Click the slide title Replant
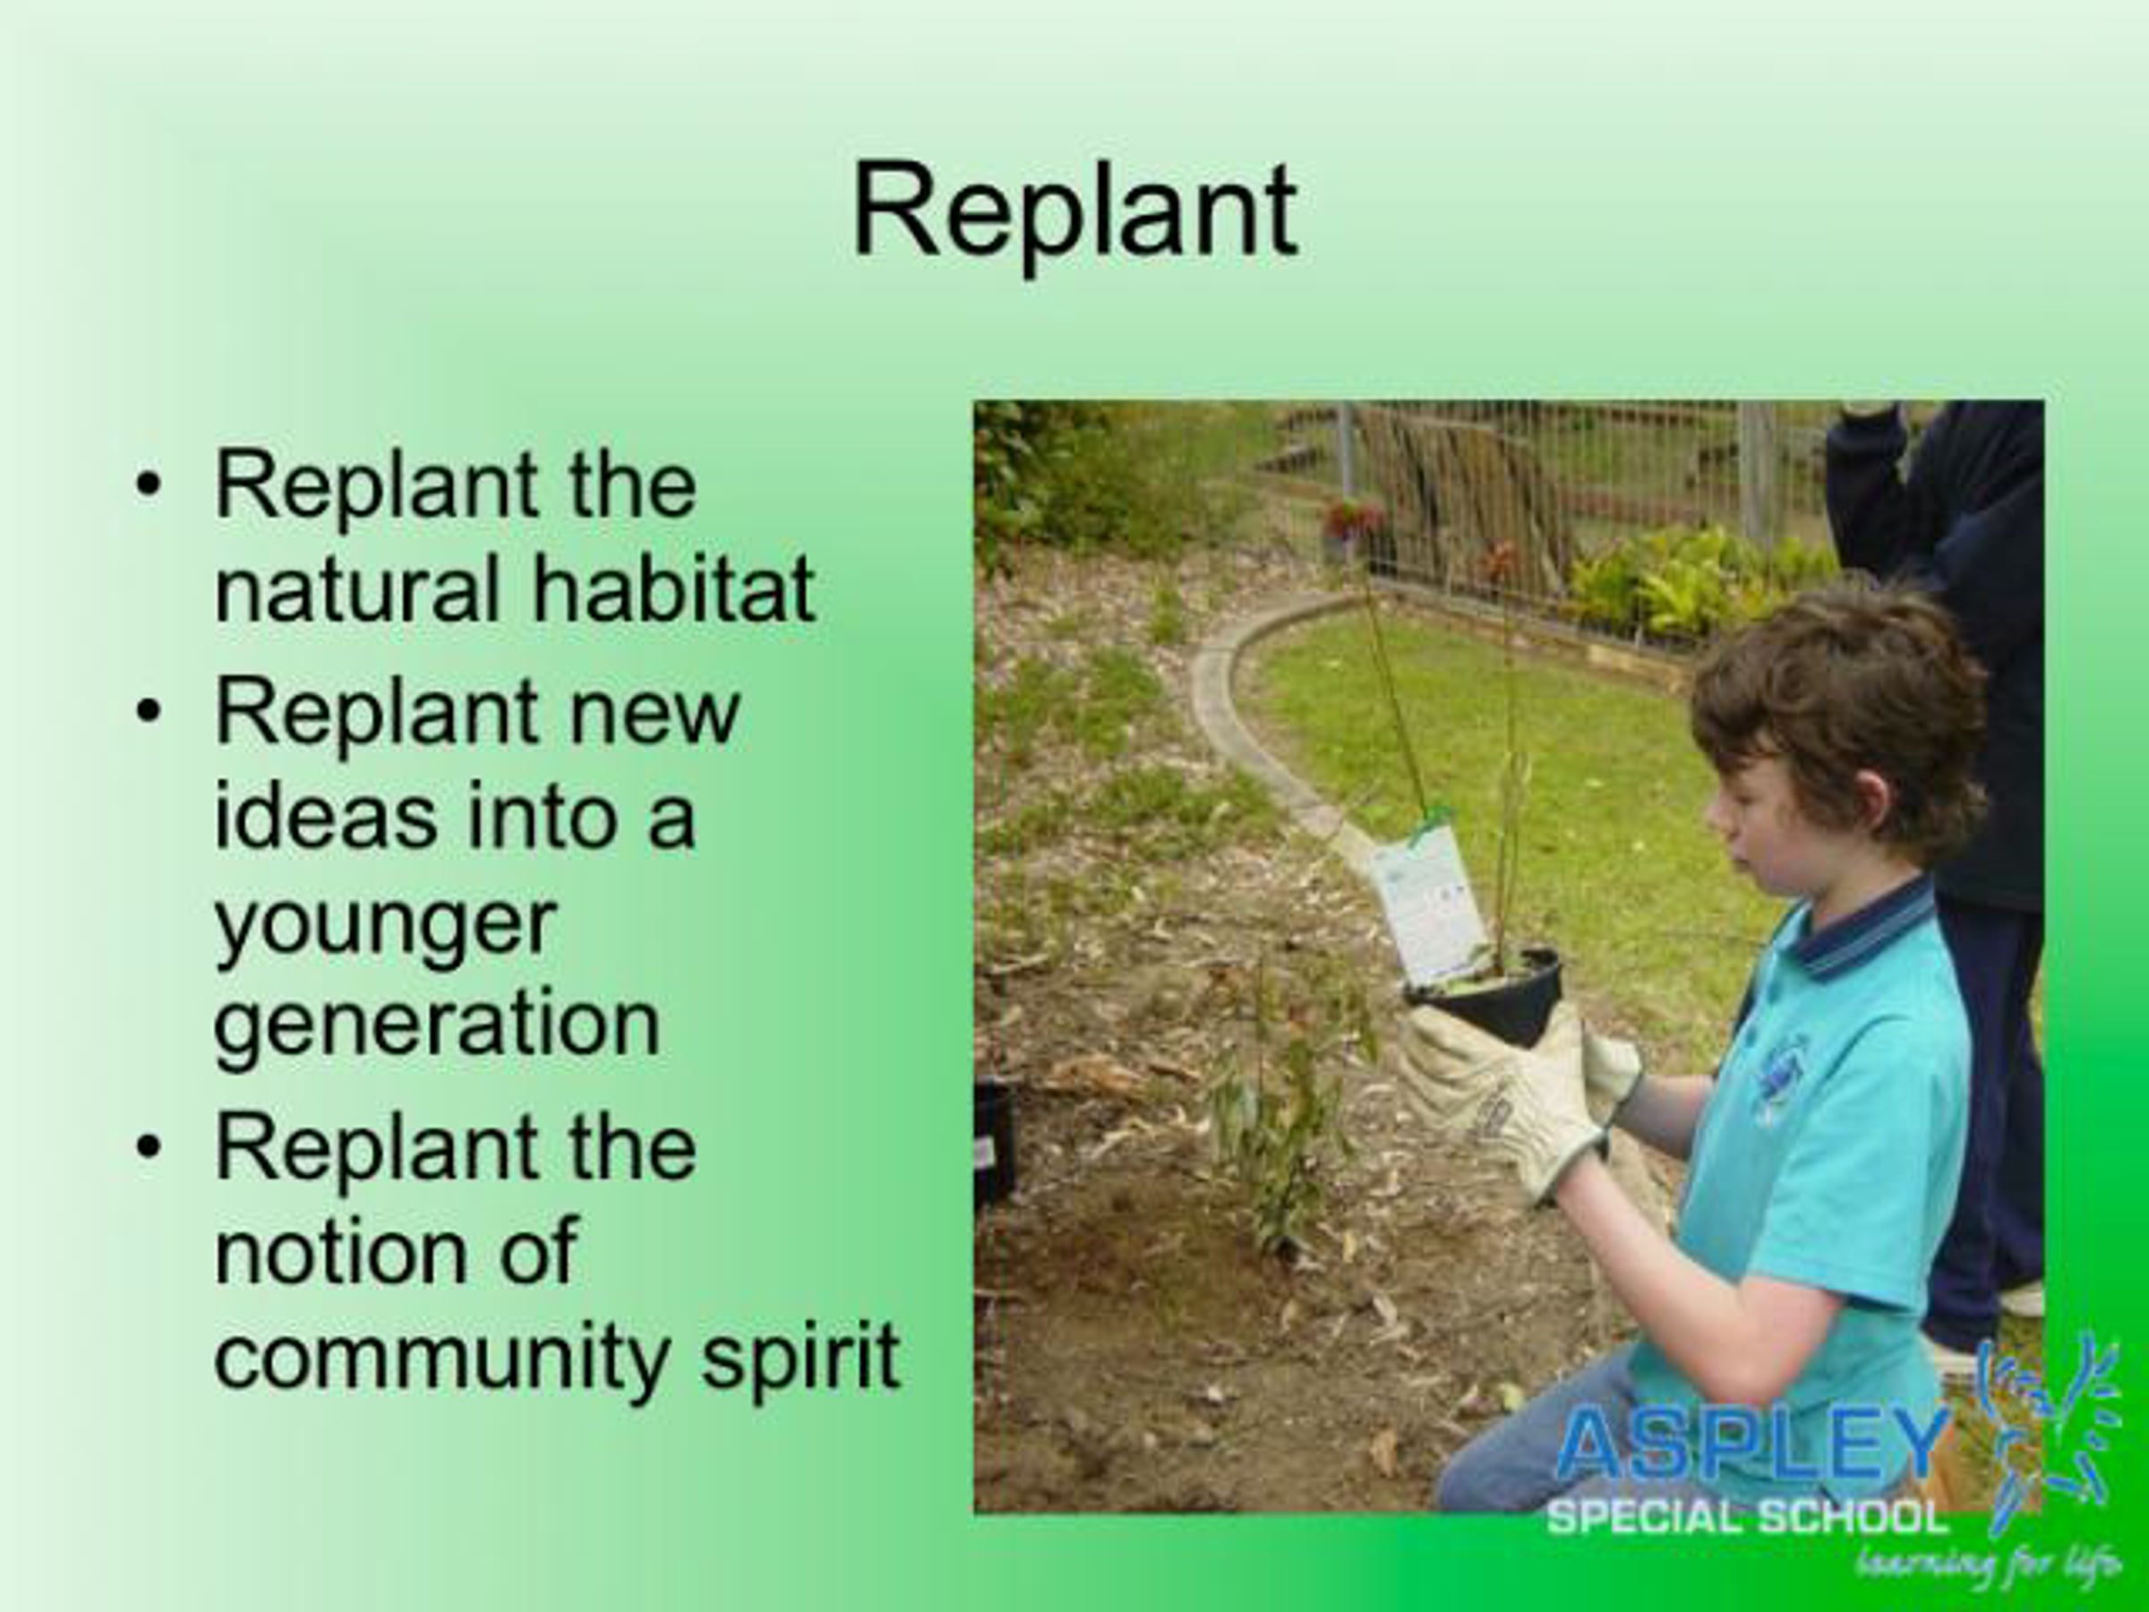coord(1074,214)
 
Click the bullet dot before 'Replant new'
coord(148,712)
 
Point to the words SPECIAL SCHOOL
coord(1748,1518)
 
